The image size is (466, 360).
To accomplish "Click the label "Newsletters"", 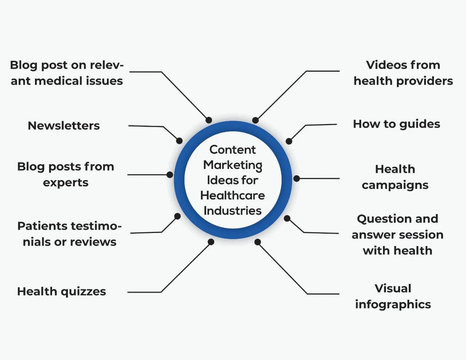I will (64, 126).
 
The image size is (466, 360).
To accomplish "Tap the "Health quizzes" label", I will (62, 292).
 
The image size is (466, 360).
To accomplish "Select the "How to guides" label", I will (396, 124).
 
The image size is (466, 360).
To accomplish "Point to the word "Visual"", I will (393, 289).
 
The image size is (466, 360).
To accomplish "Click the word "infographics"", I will (393, 304).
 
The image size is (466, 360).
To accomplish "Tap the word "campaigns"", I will (395, 185).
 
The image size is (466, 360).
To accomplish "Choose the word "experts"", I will (66, 182).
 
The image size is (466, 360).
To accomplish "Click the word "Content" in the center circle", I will (233, 150).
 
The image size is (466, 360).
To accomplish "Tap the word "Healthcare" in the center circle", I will (233, 195).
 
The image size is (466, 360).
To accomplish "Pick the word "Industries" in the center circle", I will (233, 211).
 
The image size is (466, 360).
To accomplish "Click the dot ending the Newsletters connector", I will (179, 141).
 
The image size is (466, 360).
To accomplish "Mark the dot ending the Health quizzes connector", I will (211, 242).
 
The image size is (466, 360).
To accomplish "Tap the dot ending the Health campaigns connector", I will (297, 178).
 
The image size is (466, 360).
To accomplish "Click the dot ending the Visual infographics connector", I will (258, 242).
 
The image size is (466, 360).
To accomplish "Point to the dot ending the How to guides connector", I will (289, 141).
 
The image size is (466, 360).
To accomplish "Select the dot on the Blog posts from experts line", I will (170, 175).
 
